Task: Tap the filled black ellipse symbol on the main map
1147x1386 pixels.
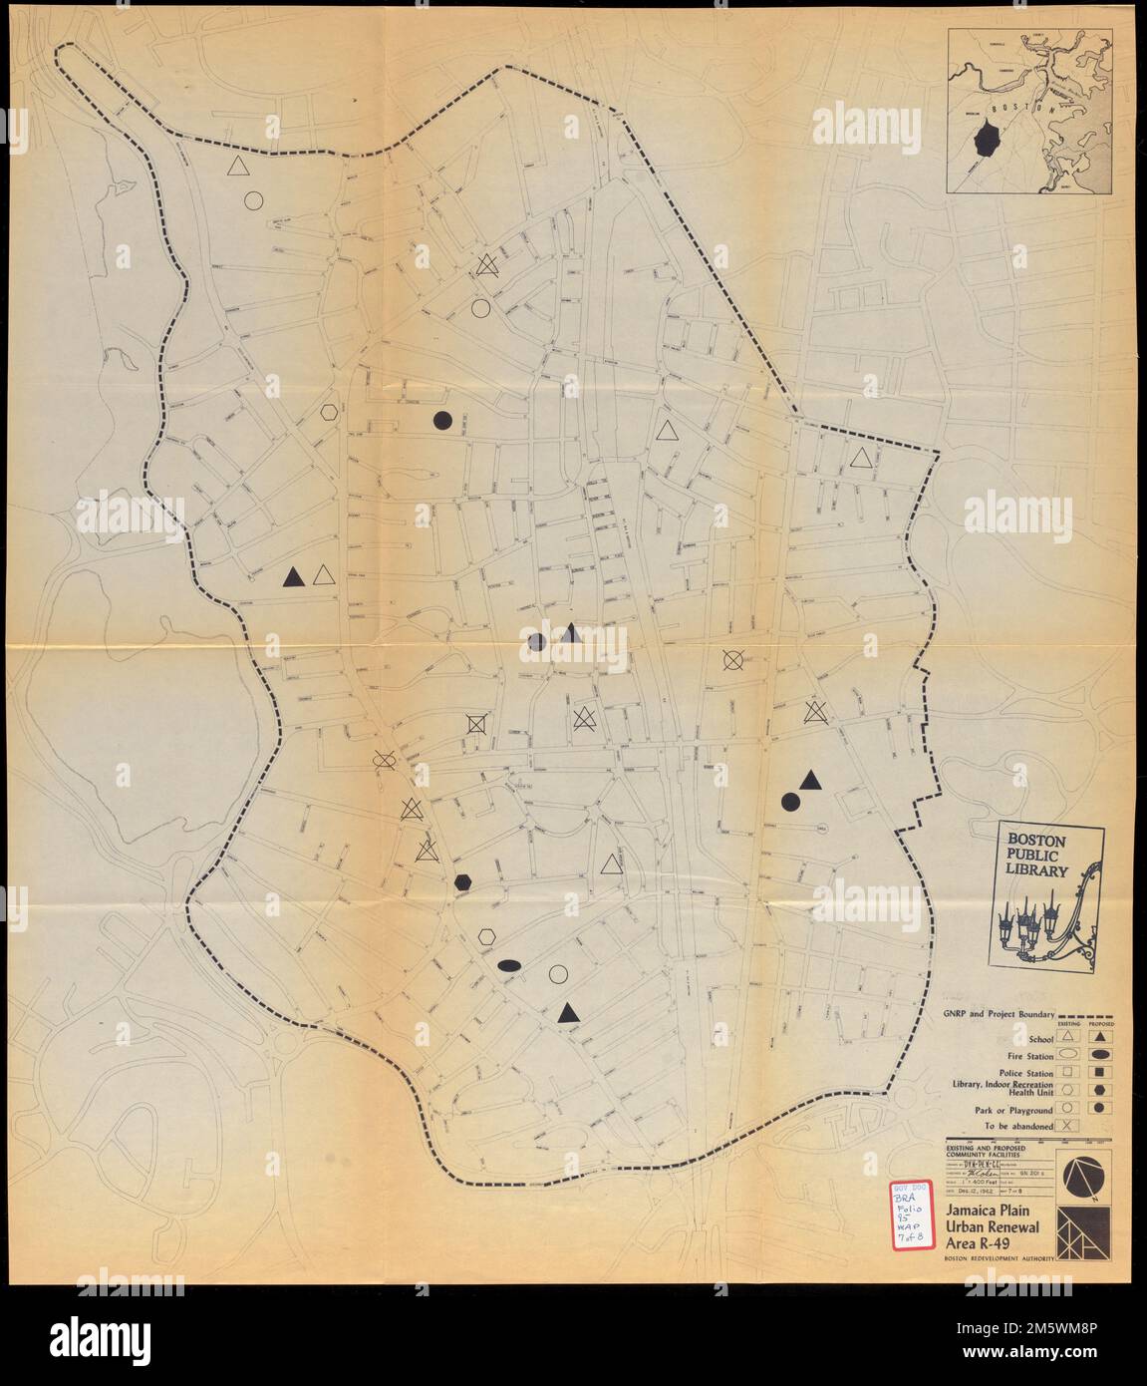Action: (509, 964)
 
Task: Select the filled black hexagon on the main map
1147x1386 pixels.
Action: (462, 881)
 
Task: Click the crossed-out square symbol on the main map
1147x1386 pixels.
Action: (477, 723)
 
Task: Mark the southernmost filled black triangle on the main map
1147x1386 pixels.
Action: (568, 1013)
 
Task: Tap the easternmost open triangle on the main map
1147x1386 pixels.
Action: (862, 458)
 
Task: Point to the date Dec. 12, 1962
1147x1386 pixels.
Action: (985, 1192)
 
